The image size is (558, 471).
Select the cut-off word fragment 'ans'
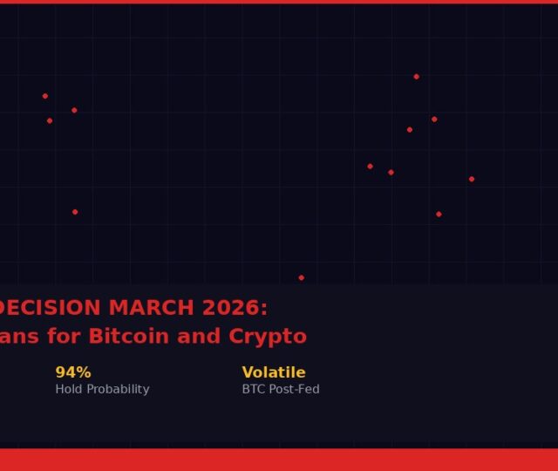click(x=19, y=337)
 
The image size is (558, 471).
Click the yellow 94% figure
click(x=73, y=372)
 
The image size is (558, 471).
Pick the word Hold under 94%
click(x=69, y=389)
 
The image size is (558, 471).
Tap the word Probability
click(x=118, y=390)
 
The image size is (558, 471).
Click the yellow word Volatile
click(x=274, y=372)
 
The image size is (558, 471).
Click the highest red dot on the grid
click(x=417, y=77)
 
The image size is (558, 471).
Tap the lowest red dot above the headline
click(x=302, y=277)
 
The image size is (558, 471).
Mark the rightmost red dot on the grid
click(x=472, y=179)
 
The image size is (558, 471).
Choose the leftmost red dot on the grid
click(x=45, y=96)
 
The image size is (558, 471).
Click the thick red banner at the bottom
click(x=279, y=460)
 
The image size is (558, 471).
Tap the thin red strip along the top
click(x=279, y=2)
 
